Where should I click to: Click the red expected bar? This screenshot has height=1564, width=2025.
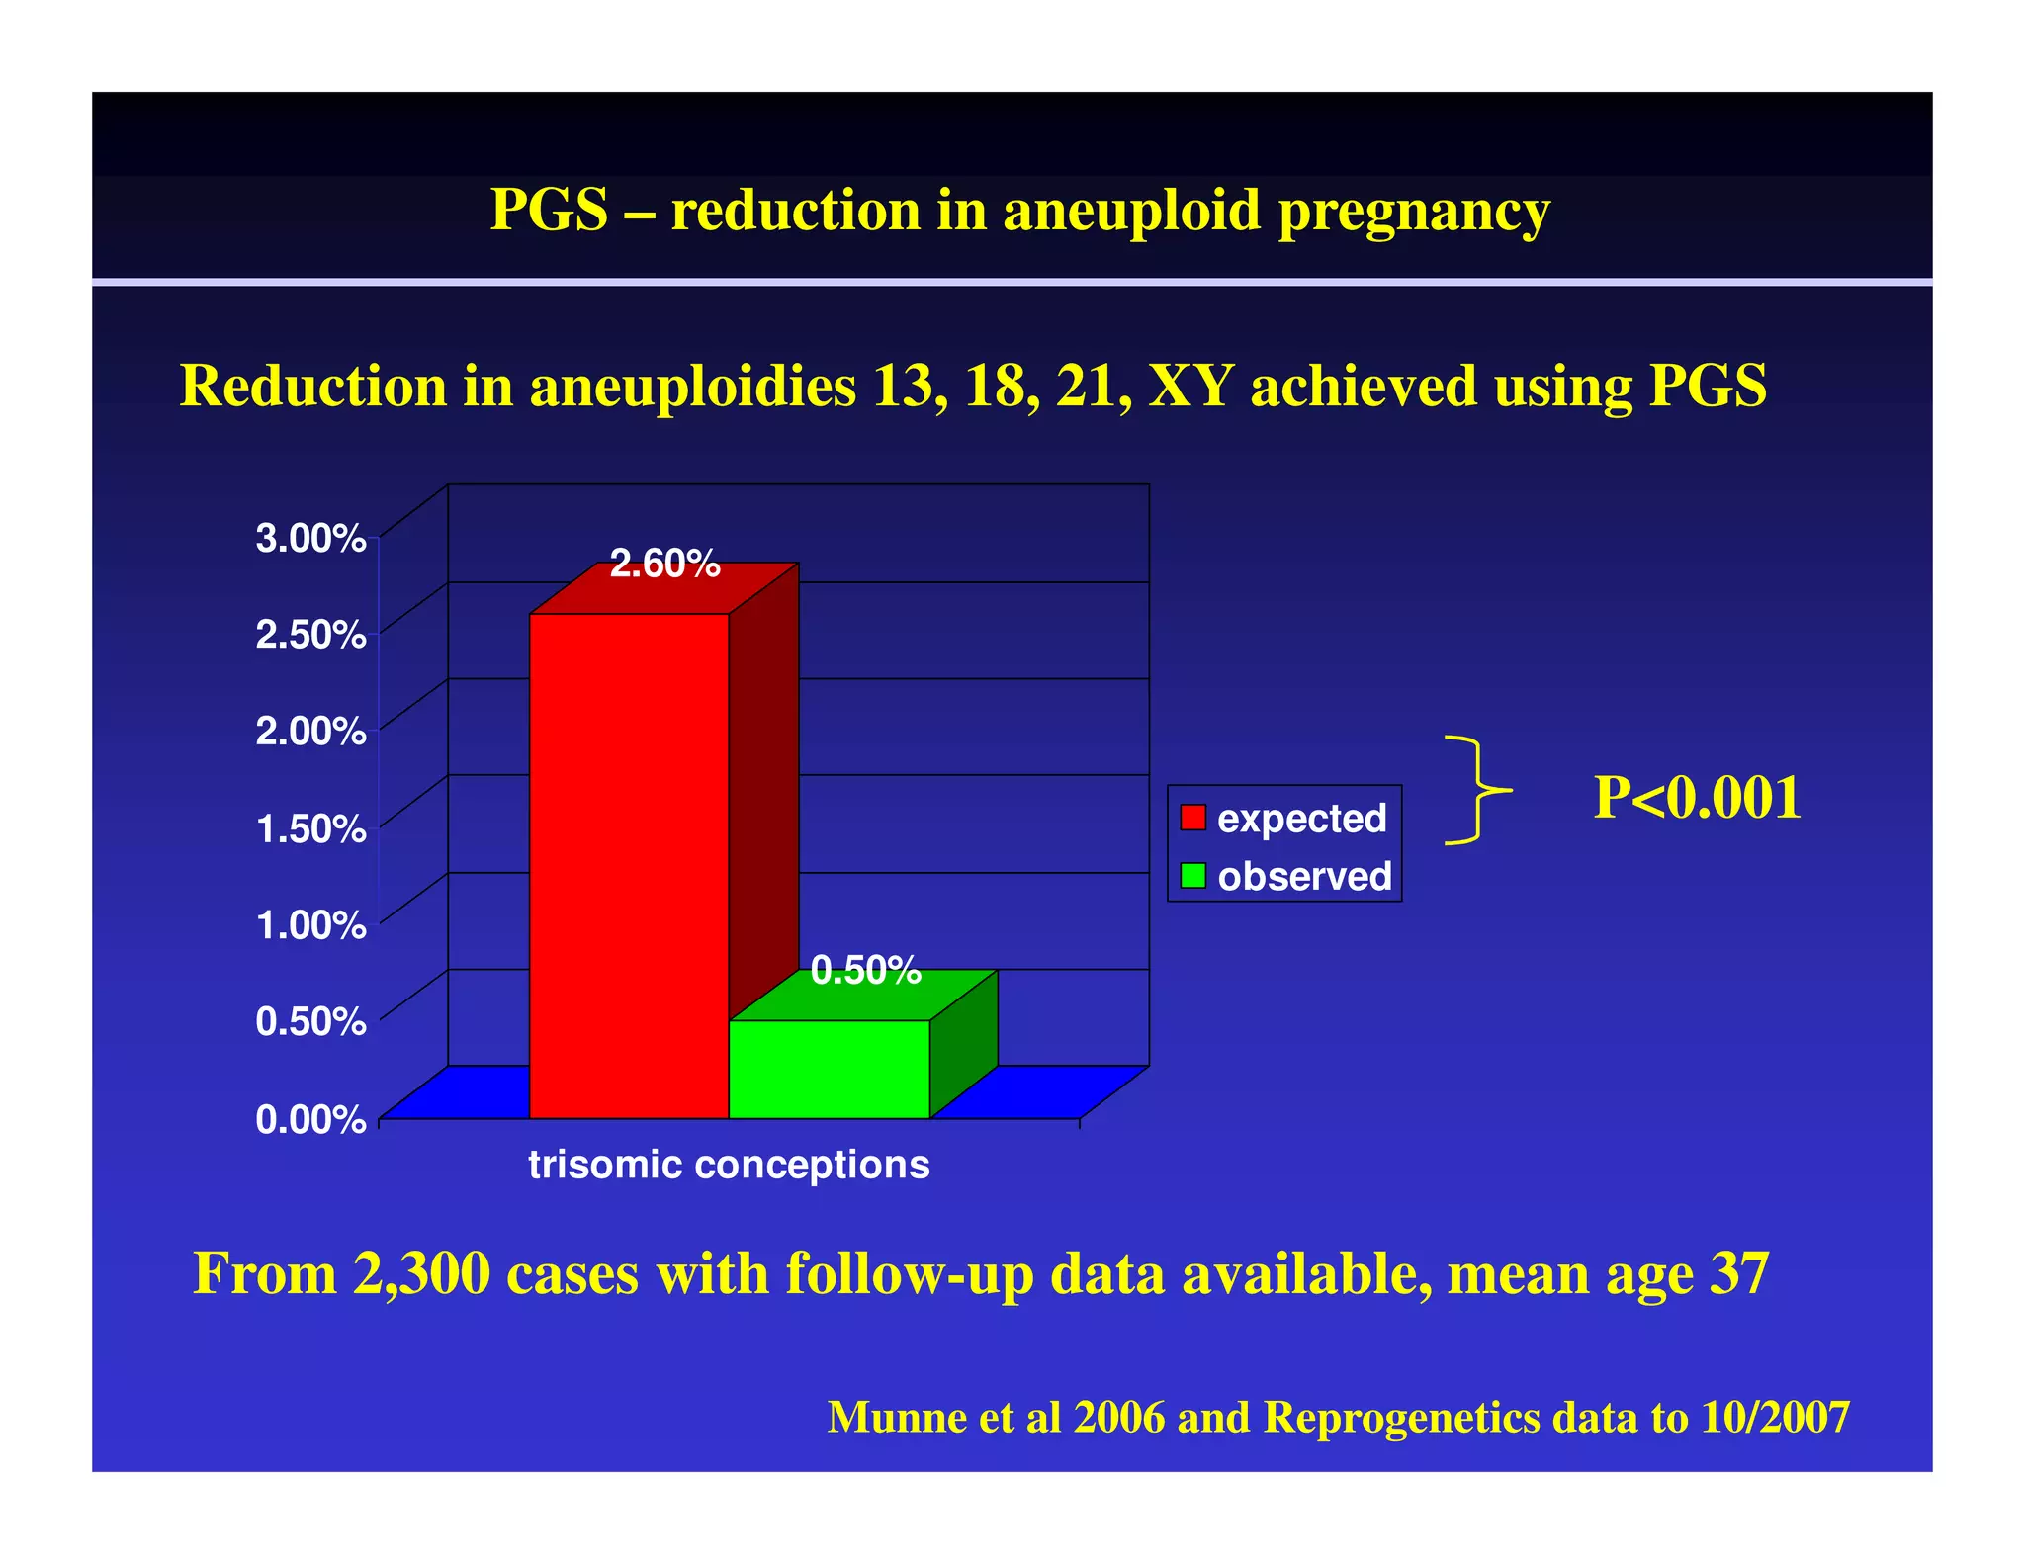(629, 865)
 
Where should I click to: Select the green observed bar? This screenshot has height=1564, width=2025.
(829, 1069)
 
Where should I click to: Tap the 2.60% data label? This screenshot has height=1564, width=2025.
(664, 564)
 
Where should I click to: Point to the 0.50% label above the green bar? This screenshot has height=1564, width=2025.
(865, 970)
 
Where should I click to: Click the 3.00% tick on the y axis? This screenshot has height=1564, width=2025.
(310, 539)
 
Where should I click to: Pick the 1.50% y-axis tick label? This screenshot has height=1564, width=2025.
(310, 828)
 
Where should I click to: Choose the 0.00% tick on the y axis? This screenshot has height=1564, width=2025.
(310, 1119)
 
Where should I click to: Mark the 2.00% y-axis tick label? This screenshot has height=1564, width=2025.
(310, 732)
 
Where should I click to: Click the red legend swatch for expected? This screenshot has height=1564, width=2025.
(1193, 818)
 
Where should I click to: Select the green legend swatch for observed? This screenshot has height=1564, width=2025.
(1193, 876)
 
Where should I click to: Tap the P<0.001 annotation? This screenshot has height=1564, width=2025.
(1697, 797)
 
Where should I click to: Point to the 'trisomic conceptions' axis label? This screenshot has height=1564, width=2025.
(729, 1165)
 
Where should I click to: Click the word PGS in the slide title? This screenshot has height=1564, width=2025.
(549, 211)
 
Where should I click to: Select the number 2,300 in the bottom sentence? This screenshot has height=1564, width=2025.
(421, 1273)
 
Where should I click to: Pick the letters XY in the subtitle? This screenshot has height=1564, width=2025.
(1189, 386)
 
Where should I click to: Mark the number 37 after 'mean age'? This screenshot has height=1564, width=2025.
(1738, 1273)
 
